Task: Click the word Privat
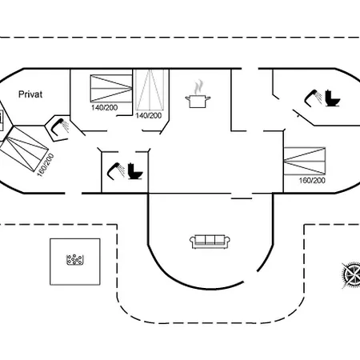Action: pos(30,94)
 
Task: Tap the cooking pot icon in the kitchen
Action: pos(198,102)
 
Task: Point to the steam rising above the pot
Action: pos(198,86)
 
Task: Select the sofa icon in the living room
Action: pos(210,242)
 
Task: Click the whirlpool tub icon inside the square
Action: pos(75,259)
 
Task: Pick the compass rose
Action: pos(351,275)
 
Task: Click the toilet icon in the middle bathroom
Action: pos(135,171)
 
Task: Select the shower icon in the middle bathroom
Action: pos(116,171)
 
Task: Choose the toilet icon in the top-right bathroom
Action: pos(332,98)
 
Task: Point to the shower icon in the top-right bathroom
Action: pos(313,98)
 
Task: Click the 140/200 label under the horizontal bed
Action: pos(104,108)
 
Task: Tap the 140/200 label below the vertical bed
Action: pos(149,116)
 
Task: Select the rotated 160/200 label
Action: pos(46,165)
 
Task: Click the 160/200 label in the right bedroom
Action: pos(312,181)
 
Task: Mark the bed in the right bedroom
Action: pos(305,161)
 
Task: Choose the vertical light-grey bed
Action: pos(150,90)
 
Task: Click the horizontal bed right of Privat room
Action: pos(111,89)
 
